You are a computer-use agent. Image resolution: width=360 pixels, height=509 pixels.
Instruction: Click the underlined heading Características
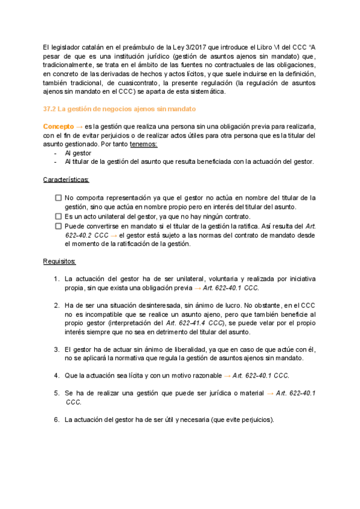(x=67, y=180)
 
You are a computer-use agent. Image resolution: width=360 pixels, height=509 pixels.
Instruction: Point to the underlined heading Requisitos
(x=59, y=262)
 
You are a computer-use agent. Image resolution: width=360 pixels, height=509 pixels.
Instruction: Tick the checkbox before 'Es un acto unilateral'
(x=58, y=216)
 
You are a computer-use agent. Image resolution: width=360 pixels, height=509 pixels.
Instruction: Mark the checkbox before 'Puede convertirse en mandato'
(x=58, y=226)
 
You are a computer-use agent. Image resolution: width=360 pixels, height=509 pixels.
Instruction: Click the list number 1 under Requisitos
(x=56, y=279)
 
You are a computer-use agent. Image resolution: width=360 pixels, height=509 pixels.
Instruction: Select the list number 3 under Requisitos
(x=56, y=349)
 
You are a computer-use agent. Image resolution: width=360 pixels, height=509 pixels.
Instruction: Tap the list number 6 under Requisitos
(x=56, y=420)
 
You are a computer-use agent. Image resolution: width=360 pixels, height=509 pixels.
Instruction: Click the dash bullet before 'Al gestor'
(x=55, y=153)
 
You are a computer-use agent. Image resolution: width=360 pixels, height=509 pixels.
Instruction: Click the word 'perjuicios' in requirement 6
(x=253, y=420)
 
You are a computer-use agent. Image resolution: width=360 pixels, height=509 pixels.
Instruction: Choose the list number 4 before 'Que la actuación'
(x=56, y=376)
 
